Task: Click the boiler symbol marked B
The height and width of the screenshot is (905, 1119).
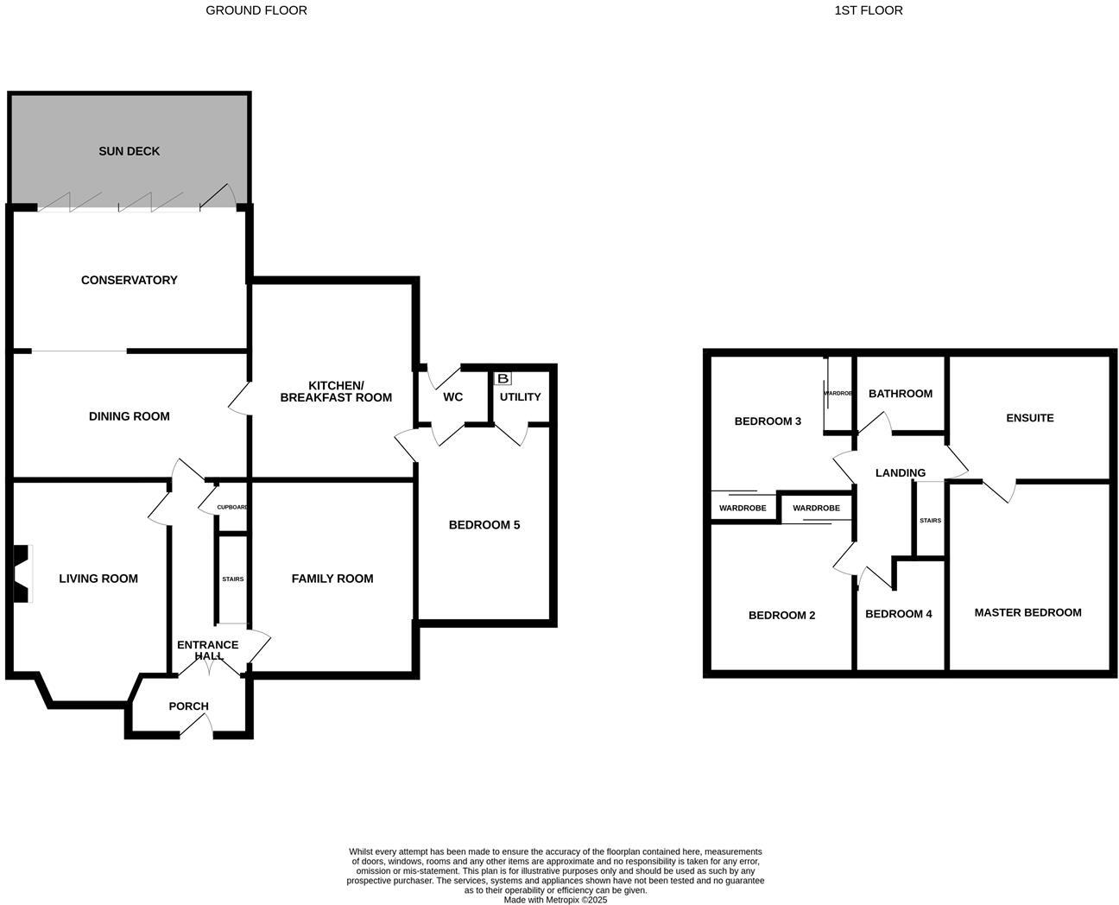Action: coord(503,378)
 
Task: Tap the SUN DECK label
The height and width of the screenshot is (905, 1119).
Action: coord(130,151)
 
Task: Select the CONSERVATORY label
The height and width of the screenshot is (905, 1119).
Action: coord(130,280)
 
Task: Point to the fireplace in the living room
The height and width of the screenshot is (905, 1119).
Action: coord(21,573)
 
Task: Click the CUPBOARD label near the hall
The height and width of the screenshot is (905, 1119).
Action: coord(232,507)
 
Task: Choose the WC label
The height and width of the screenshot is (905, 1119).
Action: coord(452,397)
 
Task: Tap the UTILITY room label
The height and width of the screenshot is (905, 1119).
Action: coord(520,397)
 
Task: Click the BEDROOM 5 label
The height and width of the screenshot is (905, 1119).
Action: coord(484,525)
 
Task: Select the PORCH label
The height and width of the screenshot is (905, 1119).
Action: coord(188,706)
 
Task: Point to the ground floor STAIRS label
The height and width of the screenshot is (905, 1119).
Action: coord(232,579)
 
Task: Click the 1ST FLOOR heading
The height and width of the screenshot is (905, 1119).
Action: coord(869,10)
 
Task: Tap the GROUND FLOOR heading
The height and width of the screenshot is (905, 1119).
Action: coord(256,10)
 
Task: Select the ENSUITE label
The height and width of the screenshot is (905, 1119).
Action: coord(1030,418)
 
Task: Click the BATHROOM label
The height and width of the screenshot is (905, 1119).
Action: coord(901,394)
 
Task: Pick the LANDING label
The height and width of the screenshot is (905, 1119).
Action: coord(901,473)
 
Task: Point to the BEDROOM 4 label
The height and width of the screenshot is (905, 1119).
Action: coord(899,614)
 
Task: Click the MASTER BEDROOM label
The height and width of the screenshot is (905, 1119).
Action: coord(1027,612)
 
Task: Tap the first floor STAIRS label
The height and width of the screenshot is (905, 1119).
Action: coord(930,521)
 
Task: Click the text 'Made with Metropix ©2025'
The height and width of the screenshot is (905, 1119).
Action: coord(556,899)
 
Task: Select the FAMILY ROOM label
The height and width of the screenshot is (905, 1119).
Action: coord(332,579)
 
